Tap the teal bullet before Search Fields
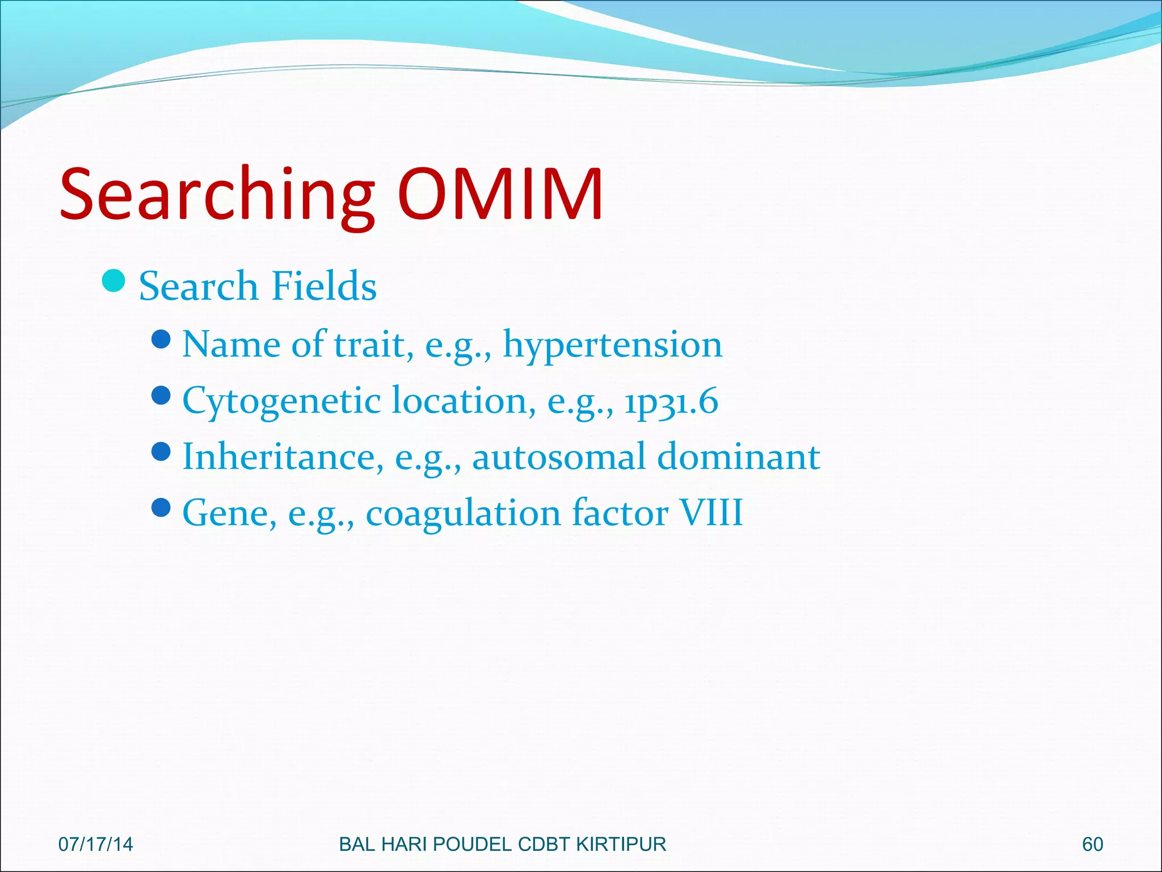click(114, 280)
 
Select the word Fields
click(324, 286)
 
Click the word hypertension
click(613, 345)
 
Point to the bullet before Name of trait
click(162, 339)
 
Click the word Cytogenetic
click(281, 401)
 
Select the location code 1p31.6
click(671, 401)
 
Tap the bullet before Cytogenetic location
click(162, 395)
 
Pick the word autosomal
click(559, 456)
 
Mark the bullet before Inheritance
click(162, 451)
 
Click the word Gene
click(229, 513)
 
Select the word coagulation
click(463, 513)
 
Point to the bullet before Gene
click(162, 507)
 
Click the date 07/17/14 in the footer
click(95, 844)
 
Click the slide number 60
click(1092, 844)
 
